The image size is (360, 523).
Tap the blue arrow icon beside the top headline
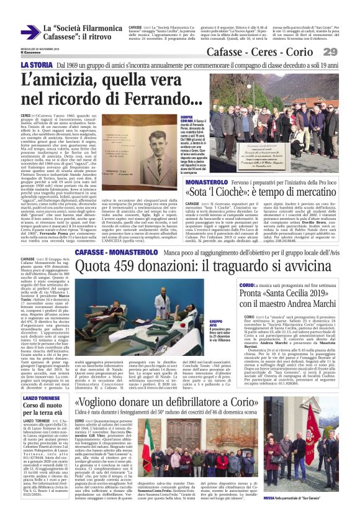tap(29, 32)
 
